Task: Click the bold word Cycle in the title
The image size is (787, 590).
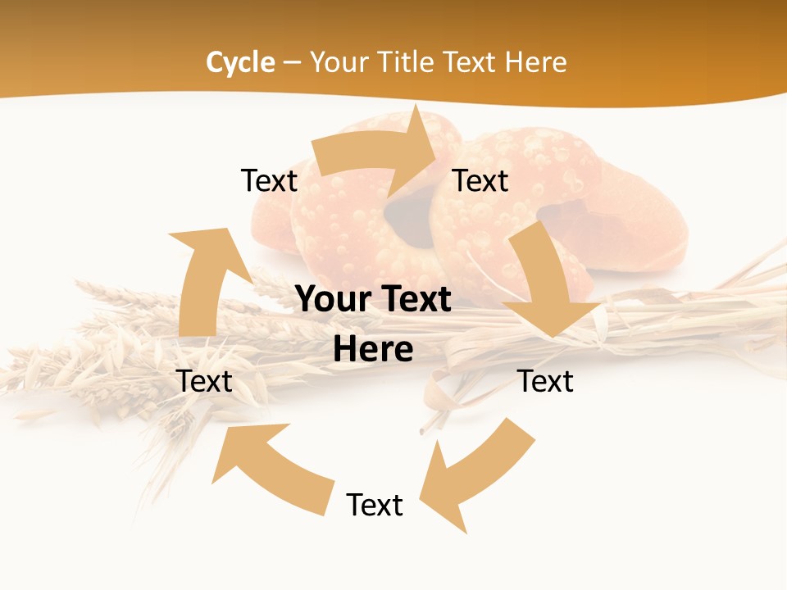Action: click(240, 62)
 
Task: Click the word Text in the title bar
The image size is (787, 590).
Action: click(472, 62)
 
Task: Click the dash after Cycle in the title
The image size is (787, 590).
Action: click(292, 62)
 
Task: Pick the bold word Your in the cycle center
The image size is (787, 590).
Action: click(333, 300)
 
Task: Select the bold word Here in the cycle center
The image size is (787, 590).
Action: click(373, 349)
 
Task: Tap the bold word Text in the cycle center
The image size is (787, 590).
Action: click(414, 300)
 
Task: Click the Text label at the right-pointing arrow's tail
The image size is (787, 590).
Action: click(269, 180)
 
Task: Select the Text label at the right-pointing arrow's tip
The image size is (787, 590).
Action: click(480, 180)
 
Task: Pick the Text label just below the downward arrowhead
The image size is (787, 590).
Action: click(545, 381)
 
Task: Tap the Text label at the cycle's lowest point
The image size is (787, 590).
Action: click(375, 505)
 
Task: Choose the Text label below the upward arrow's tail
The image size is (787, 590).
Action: click(204, 381)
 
